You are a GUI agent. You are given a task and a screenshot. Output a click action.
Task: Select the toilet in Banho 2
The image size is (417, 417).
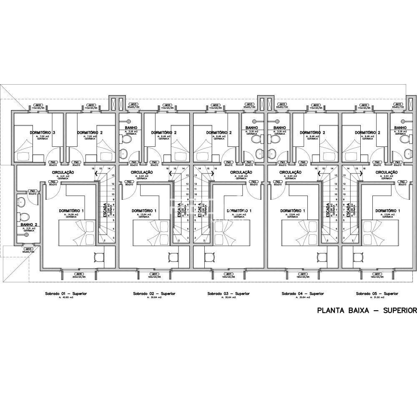coord(25,217)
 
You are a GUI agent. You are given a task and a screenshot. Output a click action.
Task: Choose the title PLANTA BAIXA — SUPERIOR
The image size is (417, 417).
coord(367,310)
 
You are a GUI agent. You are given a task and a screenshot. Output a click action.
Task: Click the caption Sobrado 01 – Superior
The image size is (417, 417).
coord(66,294)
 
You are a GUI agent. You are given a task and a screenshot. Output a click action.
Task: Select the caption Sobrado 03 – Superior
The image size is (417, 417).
coord(229,294)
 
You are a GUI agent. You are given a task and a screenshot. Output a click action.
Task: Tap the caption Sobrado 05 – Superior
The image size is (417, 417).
coord(377,294)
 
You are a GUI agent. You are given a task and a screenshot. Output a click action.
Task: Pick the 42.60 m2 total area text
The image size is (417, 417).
coord(66,297)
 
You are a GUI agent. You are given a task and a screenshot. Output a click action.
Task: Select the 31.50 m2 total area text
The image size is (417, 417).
coord(377,297)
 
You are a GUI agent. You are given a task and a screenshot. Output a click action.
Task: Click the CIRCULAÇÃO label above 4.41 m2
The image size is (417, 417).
coord(63,172)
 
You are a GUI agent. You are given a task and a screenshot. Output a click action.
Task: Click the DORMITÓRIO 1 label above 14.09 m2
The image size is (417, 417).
coord(70,211)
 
